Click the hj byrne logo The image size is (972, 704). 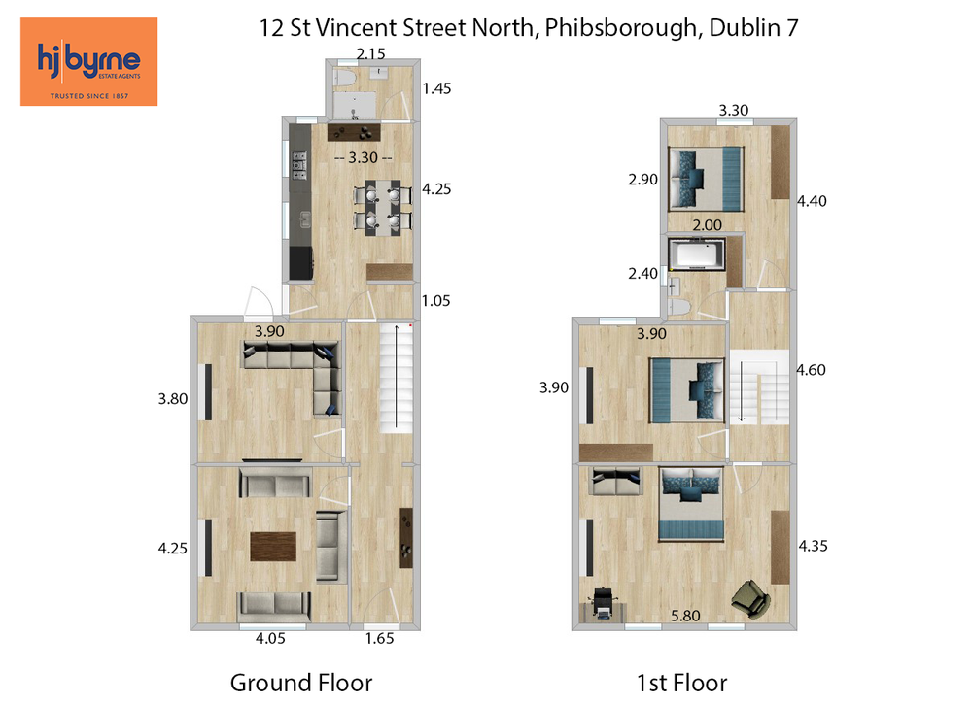[88, 61]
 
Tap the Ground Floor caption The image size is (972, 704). [301, 683]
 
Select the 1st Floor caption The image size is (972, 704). [681, 683]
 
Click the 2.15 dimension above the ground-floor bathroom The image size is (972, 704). [370, 53]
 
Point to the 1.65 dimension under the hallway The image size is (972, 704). [379, 638]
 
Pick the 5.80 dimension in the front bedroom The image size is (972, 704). [685, 616]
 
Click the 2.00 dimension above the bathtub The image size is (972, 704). [707, 224]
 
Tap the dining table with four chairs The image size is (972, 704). [383, 208]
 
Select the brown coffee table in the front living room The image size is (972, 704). [273, 547]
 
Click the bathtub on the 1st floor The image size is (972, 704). [697, 254]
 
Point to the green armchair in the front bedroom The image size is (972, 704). [750, 599]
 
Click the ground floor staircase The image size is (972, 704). [396, 378]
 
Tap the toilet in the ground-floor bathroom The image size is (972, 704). [343, 78]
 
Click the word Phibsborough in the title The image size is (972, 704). [623, 28]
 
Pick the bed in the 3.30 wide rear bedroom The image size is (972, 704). [706, 179]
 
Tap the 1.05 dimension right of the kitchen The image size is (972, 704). [435, 301]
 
